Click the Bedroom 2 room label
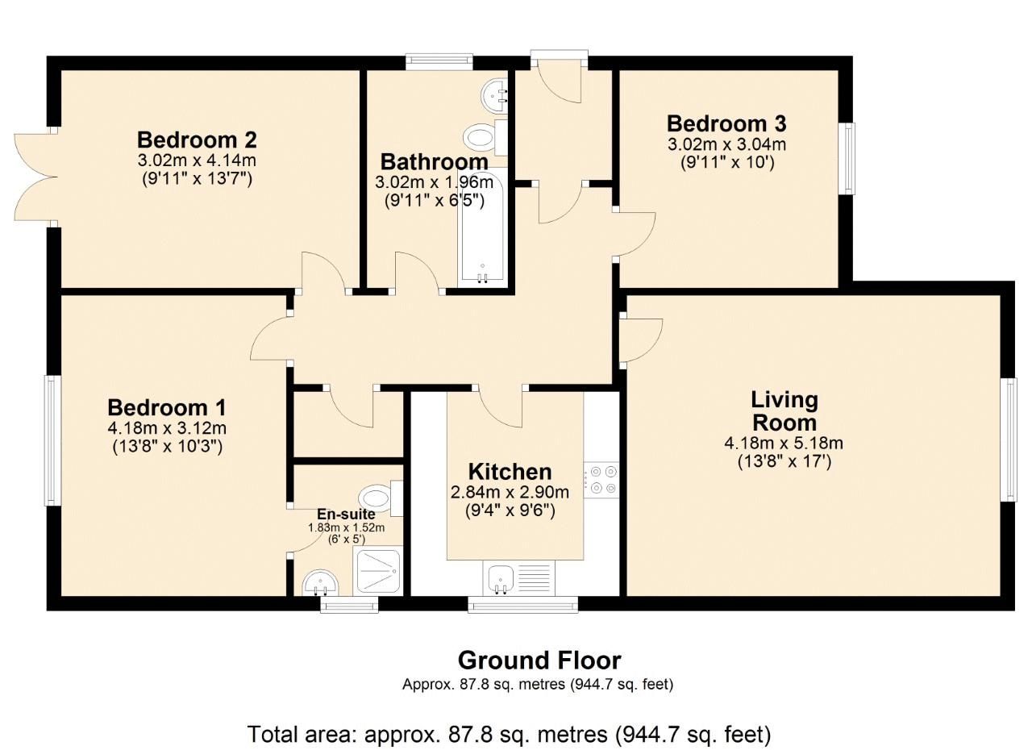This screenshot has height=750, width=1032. [x=197, y=140]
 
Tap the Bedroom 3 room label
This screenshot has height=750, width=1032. [x=726, y=124]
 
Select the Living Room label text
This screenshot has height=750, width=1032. [x=784, y=410]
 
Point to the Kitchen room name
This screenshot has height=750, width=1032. [x=510, y=472]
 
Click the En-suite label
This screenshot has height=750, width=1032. [x=346, y=515]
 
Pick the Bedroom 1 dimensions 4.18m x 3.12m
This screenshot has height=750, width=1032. [x=168, y=428]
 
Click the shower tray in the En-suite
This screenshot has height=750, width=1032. [x=377, y=571]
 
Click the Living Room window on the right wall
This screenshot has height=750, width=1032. [x=1009, y=440]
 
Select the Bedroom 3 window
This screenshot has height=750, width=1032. [x=847, y=158]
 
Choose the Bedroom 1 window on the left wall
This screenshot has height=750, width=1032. [x=52, y=441]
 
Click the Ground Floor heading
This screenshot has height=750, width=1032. [x=539, y=660]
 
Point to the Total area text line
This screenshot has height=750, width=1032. [x=509, y=735]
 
